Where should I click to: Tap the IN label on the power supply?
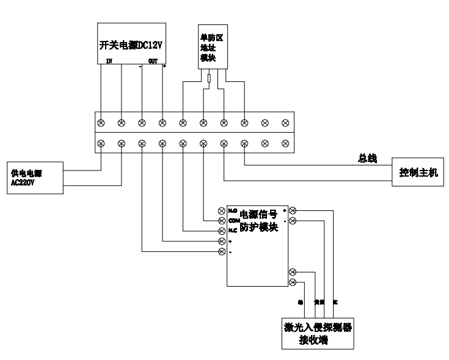coord(109,61)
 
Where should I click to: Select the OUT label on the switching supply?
coord(153,61)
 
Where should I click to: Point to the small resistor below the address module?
coord(210,78)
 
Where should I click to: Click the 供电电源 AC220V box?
coord(34,177)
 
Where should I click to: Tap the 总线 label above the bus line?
coord(367,159)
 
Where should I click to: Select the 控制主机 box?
coord(418,172)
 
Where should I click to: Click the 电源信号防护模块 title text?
coord(258,221)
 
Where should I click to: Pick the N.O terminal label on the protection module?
coord(232,210)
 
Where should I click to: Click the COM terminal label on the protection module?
coord(232,220)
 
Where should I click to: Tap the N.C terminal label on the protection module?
coord(232,231)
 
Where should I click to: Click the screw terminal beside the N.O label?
coord(222,210)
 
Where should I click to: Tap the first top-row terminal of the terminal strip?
coord(101,123)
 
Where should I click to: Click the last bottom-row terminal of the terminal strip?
coord(285,144)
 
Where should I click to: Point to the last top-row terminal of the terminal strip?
coord(285,123)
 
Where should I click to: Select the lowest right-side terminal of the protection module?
coord(293,282)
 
